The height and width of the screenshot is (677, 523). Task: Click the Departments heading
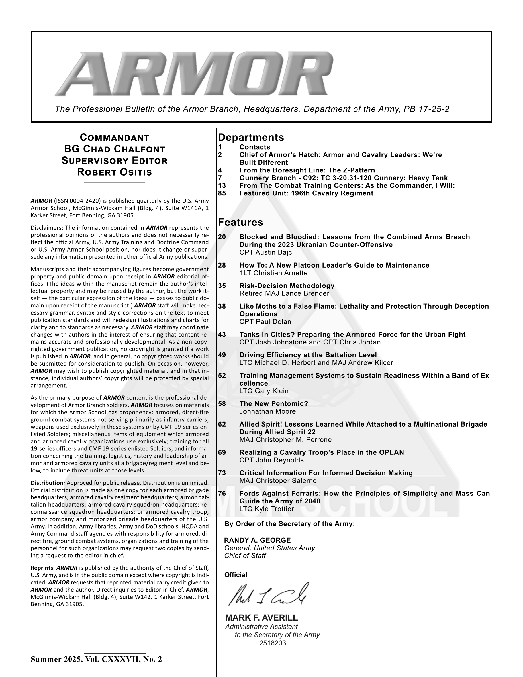(x=251, y=137)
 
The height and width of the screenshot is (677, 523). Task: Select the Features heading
(x=240, y=222)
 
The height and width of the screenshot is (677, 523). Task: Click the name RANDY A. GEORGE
(x=257, y=540)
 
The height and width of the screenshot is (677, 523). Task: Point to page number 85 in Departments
(x=222, y=193)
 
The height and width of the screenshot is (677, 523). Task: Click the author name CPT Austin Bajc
(x=265, y=252)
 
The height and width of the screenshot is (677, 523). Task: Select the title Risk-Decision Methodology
(x=287, y=286)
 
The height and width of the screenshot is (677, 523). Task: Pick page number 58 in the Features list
(x=222, y=403)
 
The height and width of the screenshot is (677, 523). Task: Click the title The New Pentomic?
(x=273, y=403)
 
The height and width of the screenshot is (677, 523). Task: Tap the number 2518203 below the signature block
(x=273, y=643)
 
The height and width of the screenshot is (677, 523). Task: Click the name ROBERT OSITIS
(x=114, y=172)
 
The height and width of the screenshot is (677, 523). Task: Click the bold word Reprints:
(x=43, y=568)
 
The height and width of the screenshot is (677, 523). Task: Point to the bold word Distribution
(x=46, y=483)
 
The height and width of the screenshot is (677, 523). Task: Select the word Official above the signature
(x=236, y=575)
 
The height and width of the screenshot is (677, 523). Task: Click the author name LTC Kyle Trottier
(x=266, y=509)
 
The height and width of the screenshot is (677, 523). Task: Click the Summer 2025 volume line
(x=96, y=659)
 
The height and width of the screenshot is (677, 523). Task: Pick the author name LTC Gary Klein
(x=264, y=391)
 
